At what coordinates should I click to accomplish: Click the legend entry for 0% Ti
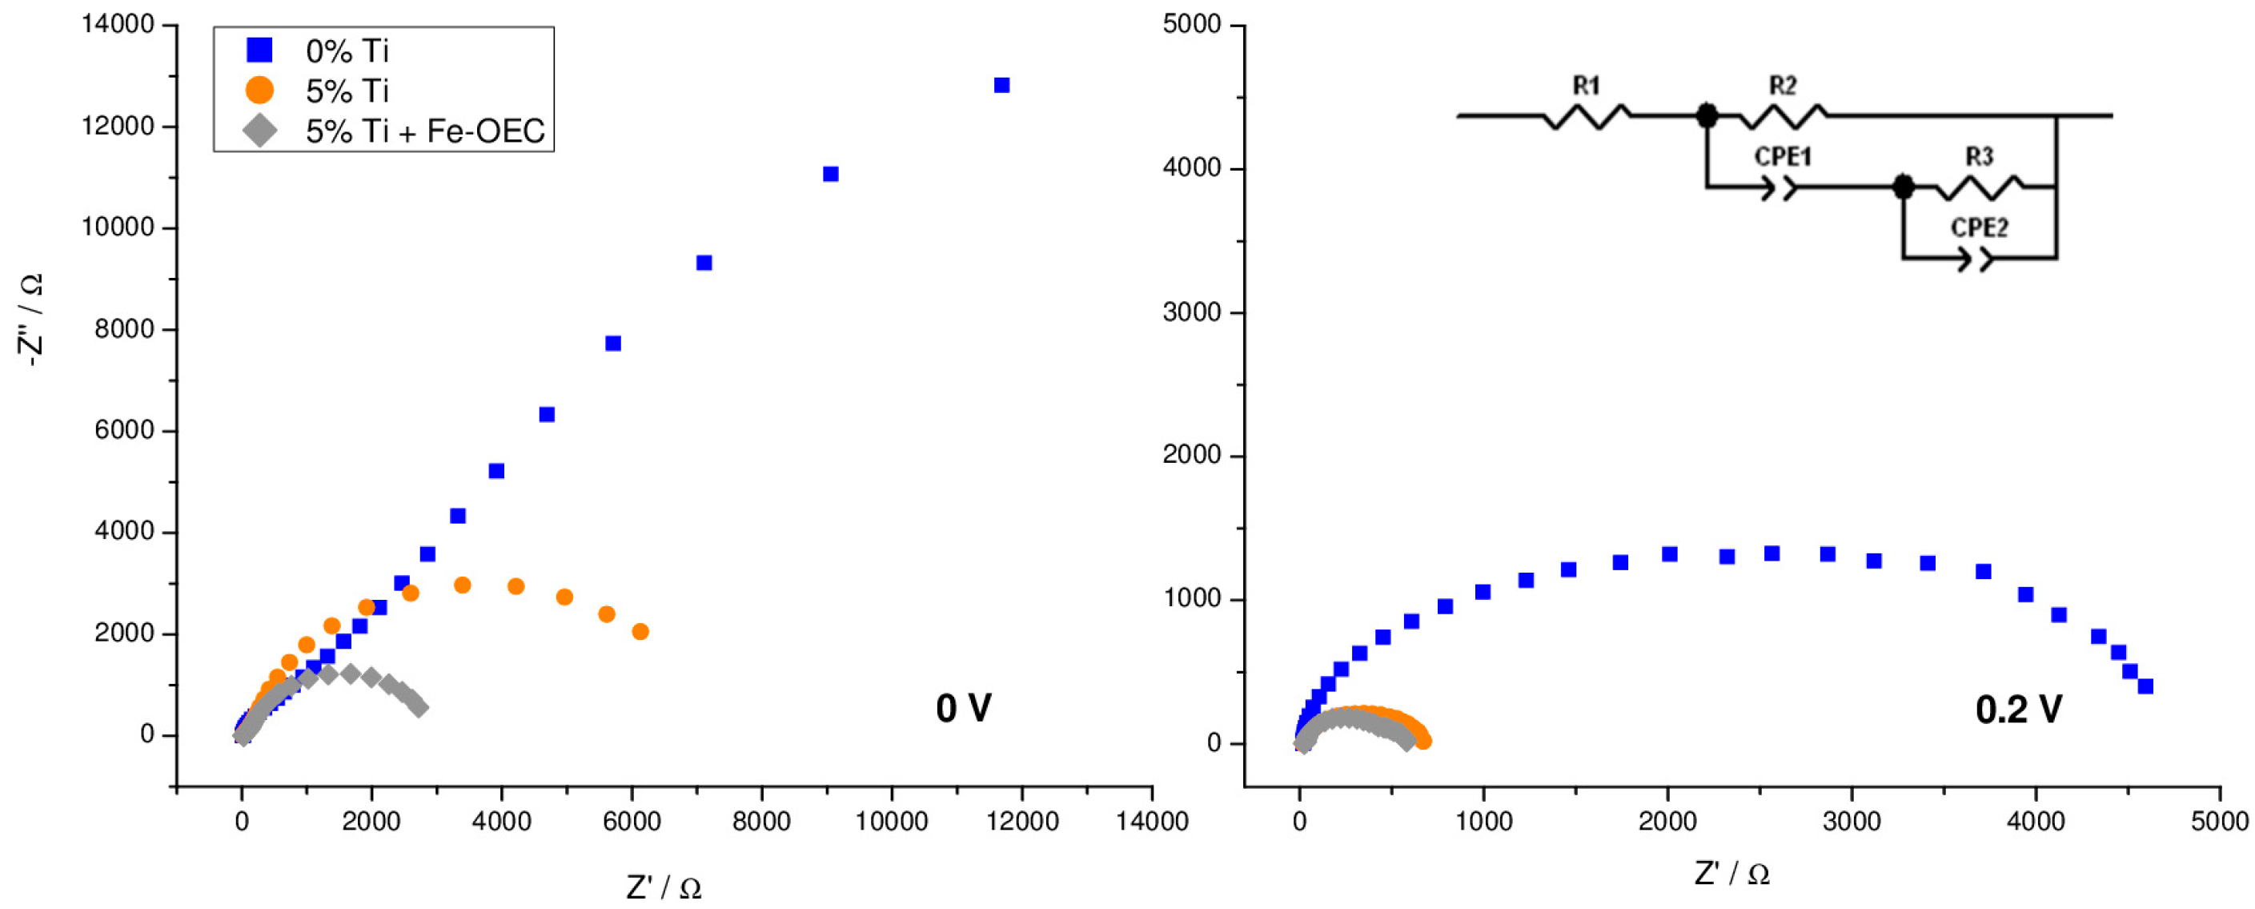(347, 50)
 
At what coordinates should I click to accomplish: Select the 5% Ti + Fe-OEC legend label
(424, 131)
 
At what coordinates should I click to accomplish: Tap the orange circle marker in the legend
(260, 90)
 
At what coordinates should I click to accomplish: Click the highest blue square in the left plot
(1002, 85)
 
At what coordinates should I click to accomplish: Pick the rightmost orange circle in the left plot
(640, 631)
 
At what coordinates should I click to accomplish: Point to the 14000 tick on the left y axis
(118, 25)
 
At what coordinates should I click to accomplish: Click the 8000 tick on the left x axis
(760, 822)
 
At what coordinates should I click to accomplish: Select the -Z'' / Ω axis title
(31, 320)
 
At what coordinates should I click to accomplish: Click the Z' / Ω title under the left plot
(664, 888)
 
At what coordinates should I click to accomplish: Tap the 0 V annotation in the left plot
(963, 709)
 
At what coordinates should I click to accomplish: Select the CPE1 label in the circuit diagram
(1782, 157)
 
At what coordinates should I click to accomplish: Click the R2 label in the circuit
(1782, 86)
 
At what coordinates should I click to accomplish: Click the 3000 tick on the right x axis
(1852, 822)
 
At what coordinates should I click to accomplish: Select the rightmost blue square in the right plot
(2145, 686)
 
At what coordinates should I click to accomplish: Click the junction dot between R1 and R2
(1707, 115)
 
